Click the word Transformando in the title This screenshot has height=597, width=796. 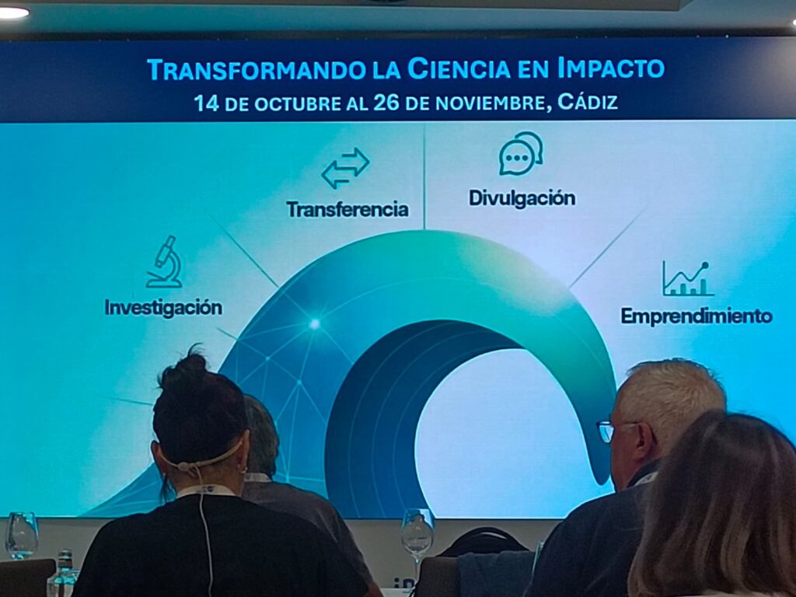coord(256,69)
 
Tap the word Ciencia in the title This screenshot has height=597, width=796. coord(459,68)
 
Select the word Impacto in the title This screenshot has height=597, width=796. coord(611,68)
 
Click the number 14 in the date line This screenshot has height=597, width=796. coord(207,103)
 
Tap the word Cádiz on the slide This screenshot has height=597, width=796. coord(588,102)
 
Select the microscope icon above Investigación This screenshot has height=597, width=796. coord(165,262)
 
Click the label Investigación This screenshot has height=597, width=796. coord(163,308)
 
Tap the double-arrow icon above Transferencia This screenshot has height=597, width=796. coord(346,168)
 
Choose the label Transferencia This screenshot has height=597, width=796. coord(347,209)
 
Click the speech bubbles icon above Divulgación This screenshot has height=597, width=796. coord(521,153)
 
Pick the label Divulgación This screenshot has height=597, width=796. coord(522,198)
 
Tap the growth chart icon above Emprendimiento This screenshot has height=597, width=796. coord(687,279)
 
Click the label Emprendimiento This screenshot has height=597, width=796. coord(696,316)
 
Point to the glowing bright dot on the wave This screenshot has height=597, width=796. coord(315,323)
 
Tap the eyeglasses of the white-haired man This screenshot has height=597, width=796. coord(611,431)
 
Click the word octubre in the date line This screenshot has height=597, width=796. coord(298,104)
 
